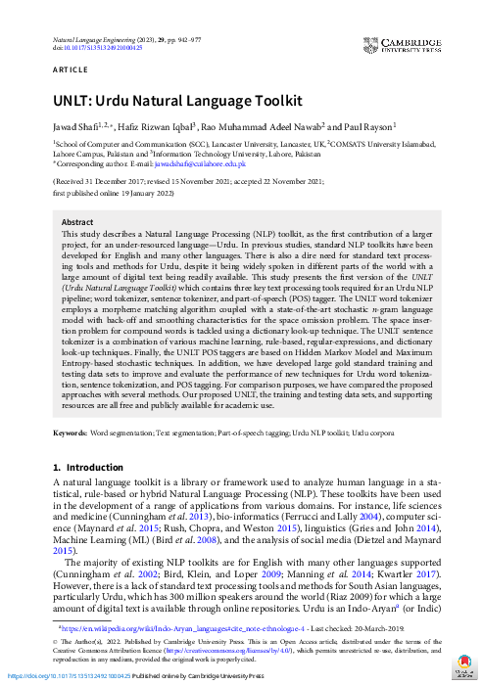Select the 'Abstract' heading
click(77, 222)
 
